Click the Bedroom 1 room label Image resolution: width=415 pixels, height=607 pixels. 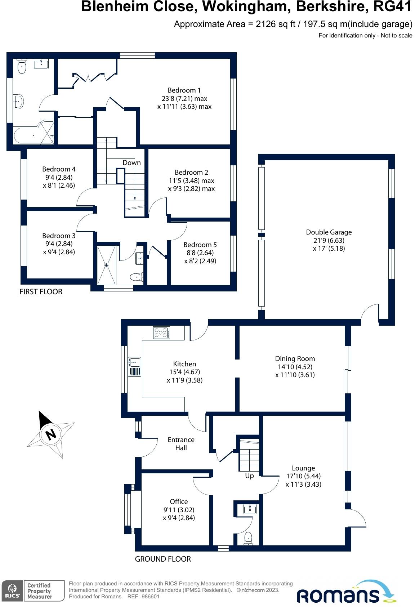click(x=184, y=90)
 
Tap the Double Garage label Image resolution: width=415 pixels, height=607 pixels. click(x=329, y=232)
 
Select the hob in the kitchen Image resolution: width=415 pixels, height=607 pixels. click(x=161, y=332)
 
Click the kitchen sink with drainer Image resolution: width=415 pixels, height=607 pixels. click(x=135, y=367)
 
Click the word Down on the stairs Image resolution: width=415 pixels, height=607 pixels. click(x=131, y=162)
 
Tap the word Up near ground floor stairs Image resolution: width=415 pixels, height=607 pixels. click(x=249, y=476)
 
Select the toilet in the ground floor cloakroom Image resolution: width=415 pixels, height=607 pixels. click(x=249, y=538)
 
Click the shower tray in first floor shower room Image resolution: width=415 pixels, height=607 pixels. click(x=107, y=265)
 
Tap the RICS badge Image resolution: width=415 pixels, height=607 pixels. click(x=12, y=591)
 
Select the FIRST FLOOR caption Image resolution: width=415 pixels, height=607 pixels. click(x=41, y=292)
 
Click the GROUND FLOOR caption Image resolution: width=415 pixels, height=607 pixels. click(x=163, y=559)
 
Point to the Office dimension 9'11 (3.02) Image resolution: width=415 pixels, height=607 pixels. click(x=179, y=510)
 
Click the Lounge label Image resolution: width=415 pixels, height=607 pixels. click(x=303, y=468)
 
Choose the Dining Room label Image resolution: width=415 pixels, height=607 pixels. click(x=295, y=358)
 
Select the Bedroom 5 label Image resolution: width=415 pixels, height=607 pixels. click(x=200, y=245)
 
